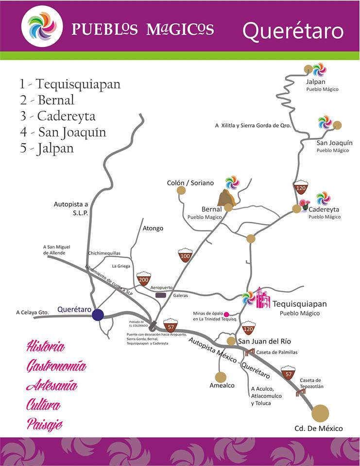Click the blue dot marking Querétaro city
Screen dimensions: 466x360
[x=98, y=315]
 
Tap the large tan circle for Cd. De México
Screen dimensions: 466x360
[x=320, y=413]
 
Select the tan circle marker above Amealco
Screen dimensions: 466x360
[x=221, y=377]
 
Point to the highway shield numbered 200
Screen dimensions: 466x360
[x=143, y=279]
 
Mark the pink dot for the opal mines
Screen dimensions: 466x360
[x=226, y=314]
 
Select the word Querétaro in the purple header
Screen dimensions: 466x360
[x=293, y=31]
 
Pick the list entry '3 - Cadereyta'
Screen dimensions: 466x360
[x=58, y=116]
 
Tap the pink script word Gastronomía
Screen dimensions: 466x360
[x=56, y=366]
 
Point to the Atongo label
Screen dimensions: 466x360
[x=153, y=228]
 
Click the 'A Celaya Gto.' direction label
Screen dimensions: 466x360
[x=33, y=312]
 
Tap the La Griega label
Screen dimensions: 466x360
[x=121, y=266]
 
